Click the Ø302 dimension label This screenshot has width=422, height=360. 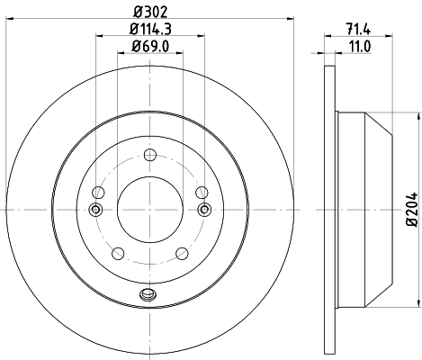pyautogui.click(x=148, y=13)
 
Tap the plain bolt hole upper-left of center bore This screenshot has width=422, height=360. pyautogui.click(x=98, y=191)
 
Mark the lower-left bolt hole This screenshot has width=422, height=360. pyautogui.click(x=117, y=253)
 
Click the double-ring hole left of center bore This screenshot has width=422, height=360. pyautogui.click(x=95, y=210)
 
